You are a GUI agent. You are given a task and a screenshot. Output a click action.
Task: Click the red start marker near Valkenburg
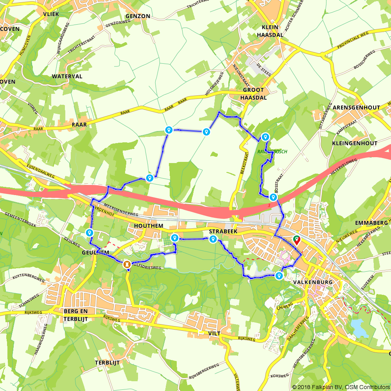pyautogui.click(x=296, y=240)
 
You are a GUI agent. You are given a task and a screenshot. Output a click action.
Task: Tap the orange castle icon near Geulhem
pyautogui.click(x=127, y=265)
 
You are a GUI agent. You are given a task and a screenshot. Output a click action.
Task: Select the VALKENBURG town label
pyautogui.click(x=312, y=282)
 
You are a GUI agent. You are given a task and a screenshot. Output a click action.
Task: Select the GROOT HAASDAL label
pyautogui.click(x=254, y=93)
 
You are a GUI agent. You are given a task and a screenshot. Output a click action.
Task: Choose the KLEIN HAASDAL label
pyautogui.click(x=267, y=31)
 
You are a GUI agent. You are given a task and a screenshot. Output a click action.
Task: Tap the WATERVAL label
pyautogui.click(x=67, y=76)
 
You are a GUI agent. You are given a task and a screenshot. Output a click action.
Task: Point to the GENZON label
pyautogui.click(x=138, y=16)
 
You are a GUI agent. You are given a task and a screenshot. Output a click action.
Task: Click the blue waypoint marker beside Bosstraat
pyautogui.click(x=273, y=198)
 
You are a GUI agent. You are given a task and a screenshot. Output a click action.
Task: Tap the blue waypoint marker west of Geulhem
pyautogui.click(x=90, y=233)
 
